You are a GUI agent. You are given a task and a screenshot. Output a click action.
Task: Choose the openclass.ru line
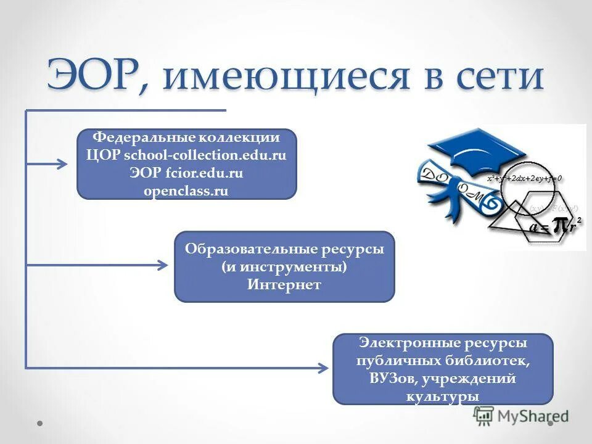point(186,191)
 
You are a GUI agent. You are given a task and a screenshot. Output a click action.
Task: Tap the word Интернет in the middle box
point(284,285)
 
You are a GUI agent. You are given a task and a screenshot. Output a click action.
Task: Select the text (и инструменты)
point(284,268)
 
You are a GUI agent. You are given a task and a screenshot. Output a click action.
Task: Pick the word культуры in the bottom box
point(443,396)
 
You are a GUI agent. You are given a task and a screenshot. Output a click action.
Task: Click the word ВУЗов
point(393,378)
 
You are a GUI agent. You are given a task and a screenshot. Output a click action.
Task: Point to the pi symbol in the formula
point(560,226)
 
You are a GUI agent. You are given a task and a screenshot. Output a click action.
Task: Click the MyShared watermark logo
point(521,416)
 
